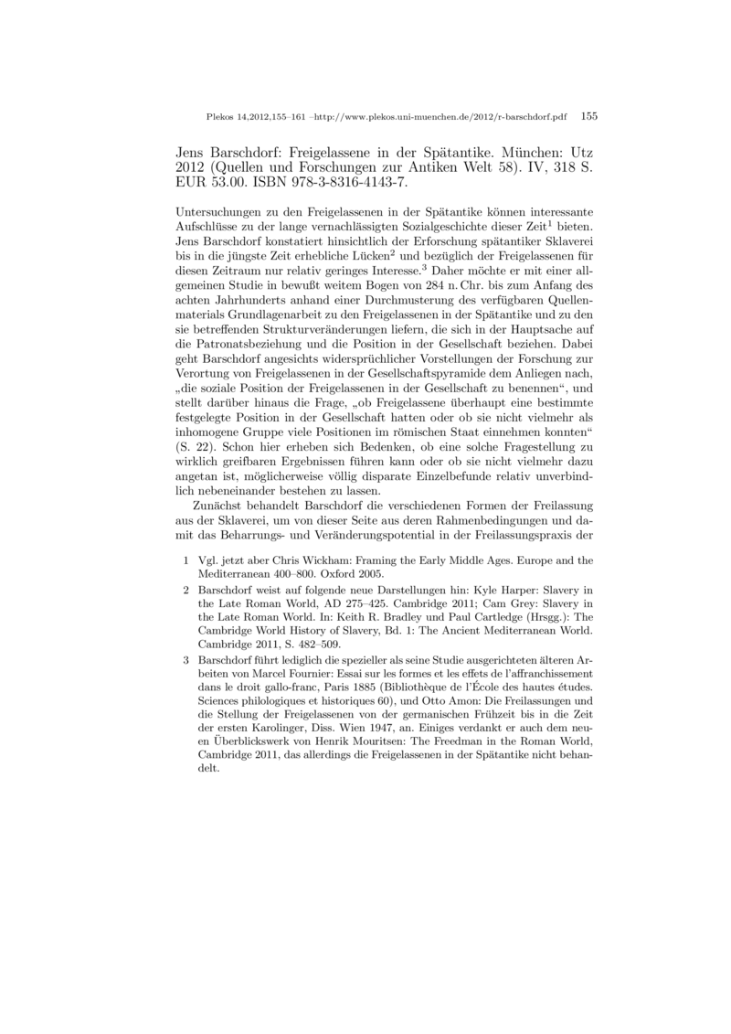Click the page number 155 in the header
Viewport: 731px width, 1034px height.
coord(588,117)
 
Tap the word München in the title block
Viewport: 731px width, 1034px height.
coord(514,149)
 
